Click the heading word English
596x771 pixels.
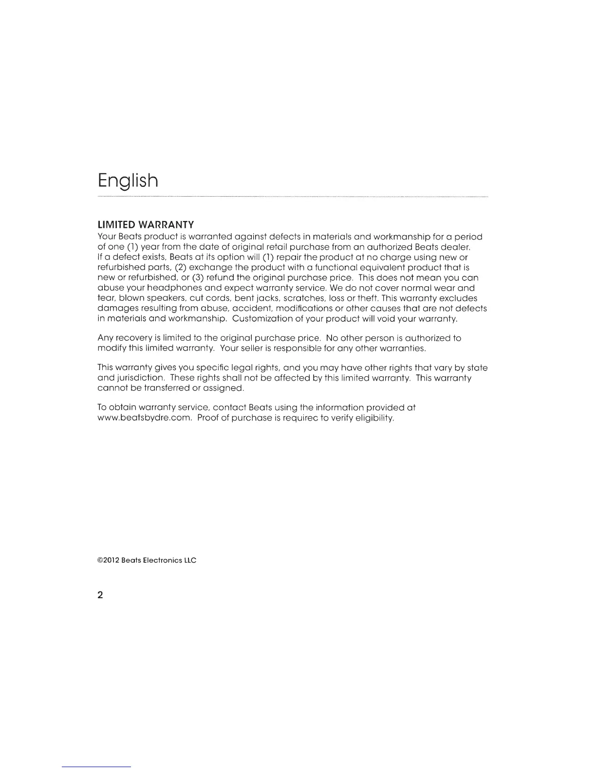[128, 181]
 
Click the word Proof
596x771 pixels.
[208, 418]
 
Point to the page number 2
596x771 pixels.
[100, 595]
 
